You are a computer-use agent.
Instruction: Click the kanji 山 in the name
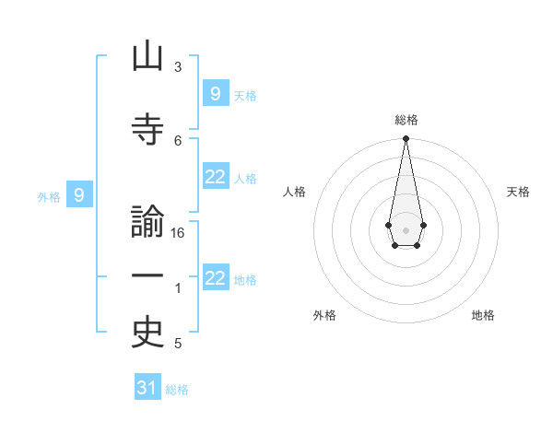(147, 57)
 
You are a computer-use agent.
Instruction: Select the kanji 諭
(147, 224)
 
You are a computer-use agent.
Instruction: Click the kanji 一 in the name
(147, 277)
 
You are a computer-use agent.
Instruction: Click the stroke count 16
(179, 233)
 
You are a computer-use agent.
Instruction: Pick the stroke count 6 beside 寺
(178, 140)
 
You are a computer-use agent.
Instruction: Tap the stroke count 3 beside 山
(178, 67)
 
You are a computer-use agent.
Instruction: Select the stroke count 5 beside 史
(178, 344)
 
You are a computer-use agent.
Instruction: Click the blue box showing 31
(147, 388)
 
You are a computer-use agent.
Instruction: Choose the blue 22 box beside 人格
(216, 178)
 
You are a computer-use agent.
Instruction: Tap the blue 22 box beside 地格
(216, 279)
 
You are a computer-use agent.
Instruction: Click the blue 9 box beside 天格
(216, 94)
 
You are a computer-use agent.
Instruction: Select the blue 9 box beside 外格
(79, 195)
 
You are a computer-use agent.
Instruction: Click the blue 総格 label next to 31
(177, 390)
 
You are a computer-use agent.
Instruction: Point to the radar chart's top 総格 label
(406, 120)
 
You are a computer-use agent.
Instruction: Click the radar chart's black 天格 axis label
(518, 192)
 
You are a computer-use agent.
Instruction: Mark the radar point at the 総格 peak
(406, 139)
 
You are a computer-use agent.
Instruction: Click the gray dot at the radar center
(406, 228)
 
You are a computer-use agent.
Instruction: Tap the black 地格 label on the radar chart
(483, 315)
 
